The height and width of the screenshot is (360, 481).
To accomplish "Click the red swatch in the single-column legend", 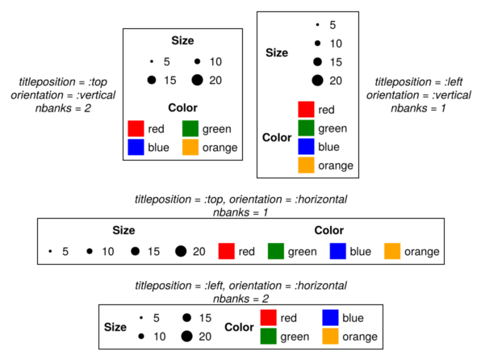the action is pyautogui.click(x=306, y=109).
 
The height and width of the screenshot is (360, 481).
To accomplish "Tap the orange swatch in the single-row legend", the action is pyautogui.click(x=392, y=251).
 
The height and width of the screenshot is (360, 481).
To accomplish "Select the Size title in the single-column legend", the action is pyautogui.click(x=277, y=52).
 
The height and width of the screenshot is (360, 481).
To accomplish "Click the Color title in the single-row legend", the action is pyautogui.click(x=328, y=230).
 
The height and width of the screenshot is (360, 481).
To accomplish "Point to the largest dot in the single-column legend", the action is pyautogui.click(x=317, y=81).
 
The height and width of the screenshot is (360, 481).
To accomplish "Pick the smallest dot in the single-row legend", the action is pyautogui.click(x=50, y=251).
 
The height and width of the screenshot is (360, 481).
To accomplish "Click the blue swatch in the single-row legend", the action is pyautogui.click(x=337, y=251).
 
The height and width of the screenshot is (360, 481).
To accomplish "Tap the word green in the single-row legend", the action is pyautogui.click(x=302, y=252).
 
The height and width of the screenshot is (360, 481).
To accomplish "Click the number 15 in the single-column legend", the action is pyautogui.click(x=336, y=62).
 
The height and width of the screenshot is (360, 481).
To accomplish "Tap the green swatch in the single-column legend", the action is pyautogui.click(x=306, y=128).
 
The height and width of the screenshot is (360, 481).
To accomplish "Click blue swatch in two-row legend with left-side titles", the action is pyautogui.click(x=330, y=317).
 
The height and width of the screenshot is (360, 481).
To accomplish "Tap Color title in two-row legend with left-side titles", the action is pyautogui.click(x=239, y=327).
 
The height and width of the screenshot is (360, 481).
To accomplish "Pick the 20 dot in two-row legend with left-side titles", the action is pyautogui.click(x=186, y=337).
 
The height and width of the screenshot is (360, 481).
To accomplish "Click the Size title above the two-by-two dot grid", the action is pyautogui.click(x=182, y=40).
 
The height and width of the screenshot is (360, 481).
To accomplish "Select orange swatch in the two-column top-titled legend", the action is pyautogui.click(x=190, y=147).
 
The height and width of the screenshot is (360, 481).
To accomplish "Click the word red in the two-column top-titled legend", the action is pyautogui.click(x=156, y=129).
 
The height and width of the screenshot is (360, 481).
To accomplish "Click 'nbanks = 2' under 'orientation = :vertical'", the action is pyautogui.click(x=63, y=108).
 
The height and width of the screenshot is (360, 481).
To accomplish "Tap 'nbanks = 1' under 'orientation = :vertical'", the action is pyautogui.click(x=418, y=108).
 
